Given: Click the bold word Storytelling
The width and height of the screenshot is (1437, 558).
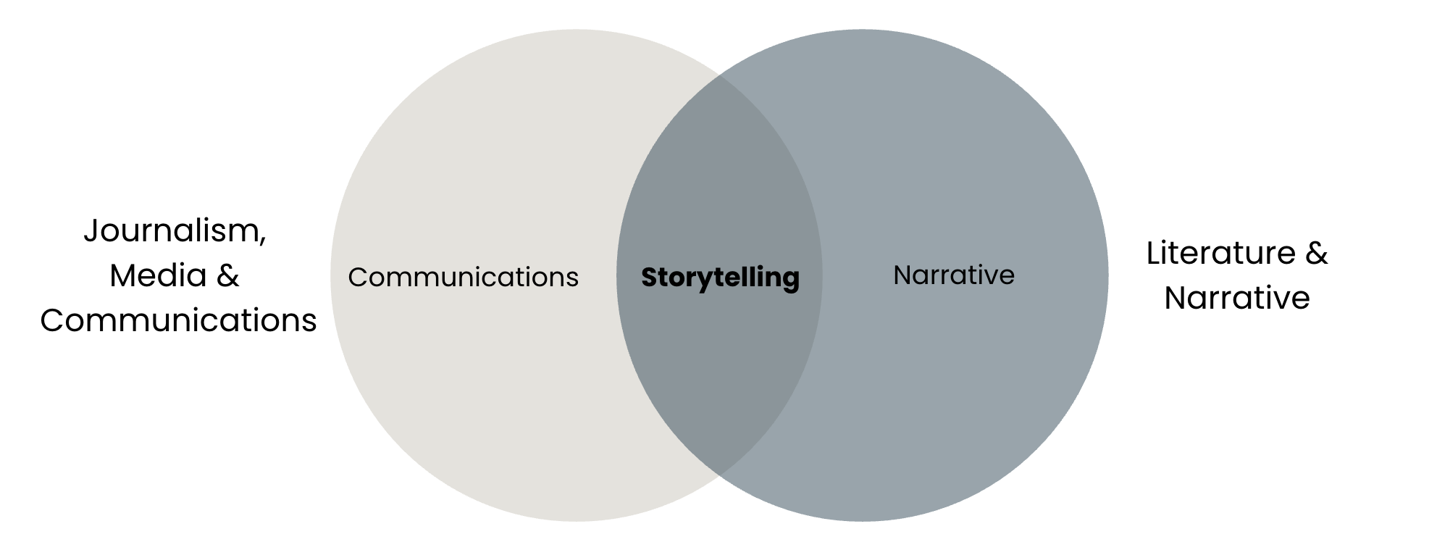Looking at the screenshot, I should (720, 278).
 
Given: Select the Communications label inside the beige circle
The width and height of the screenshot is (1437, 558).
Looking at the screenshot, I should (463, 277).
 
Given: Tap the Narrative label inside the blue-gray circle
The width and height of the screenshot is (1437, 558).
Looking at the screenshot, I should (954, 275).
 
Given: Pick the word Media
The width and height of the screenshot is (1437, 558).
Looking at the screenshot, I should (158, 275).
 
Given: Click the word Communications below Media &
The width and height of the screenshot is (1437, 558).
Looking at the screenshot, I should (178, 320).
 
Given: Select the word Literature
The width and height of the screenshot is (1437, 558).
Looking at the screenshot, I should (1220, 253).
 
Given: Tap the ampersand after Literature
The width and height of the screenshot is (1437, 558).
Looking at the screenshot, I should (1316, 253).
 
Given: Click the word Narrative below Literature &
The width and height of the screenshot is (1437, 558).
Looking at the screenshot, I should (1237, 298).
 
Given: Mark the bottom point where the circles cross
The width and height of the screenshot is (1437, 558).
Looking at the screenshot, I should (719, 476).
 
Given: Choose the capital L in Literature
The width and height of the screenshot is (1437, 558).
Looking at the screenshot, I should (1154, 253).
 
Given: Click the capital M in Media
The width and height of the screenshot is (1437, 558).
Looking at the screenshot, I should (122, 275).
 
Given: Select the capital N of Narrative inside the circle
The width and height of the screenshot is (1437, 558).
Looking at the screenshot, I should (902, 275).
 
